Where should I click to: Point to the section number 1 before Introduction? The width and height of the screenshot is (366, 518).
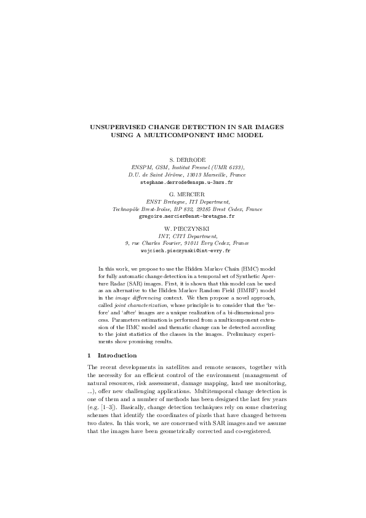coord(90,356)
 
